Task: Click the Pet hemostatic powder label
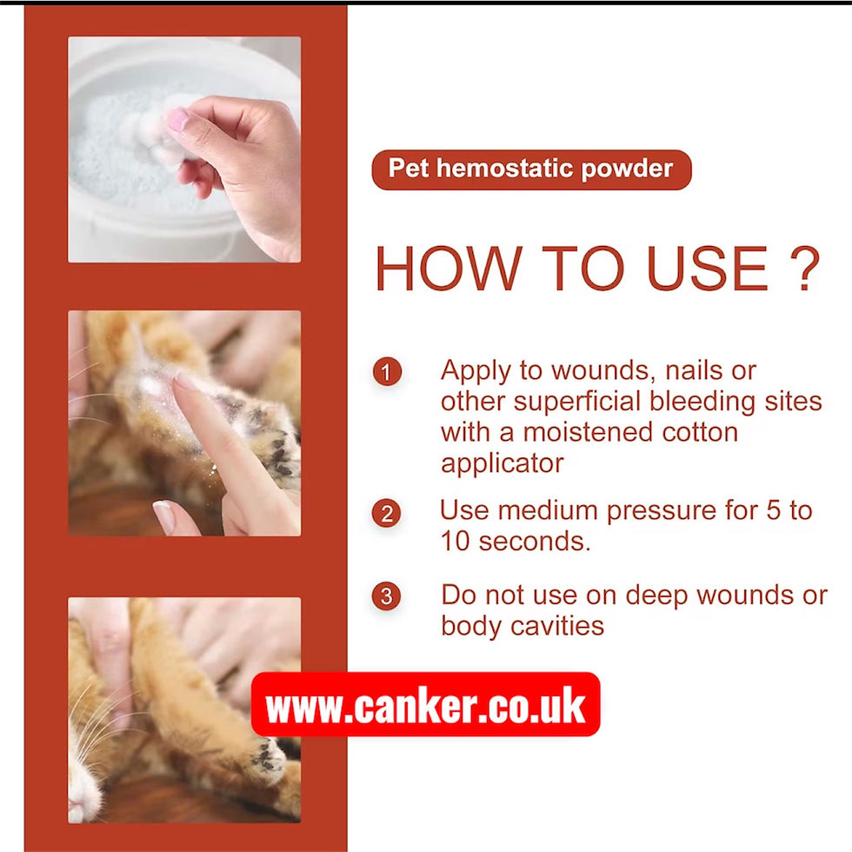click(x=531, y=169)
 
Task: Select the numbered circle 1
click(x=387, y=372)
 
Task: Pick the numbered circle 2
click(x=387, y=513)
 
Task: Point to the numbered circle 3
click(x=387, y=597)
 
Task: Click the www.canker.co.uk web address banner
click(x=425, y=705)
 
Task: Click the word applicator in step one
click(x=502, y=463)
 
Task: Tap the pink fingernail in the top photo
click(x=177, y=119)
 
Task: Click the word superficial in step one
click(x=589, y=402)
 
